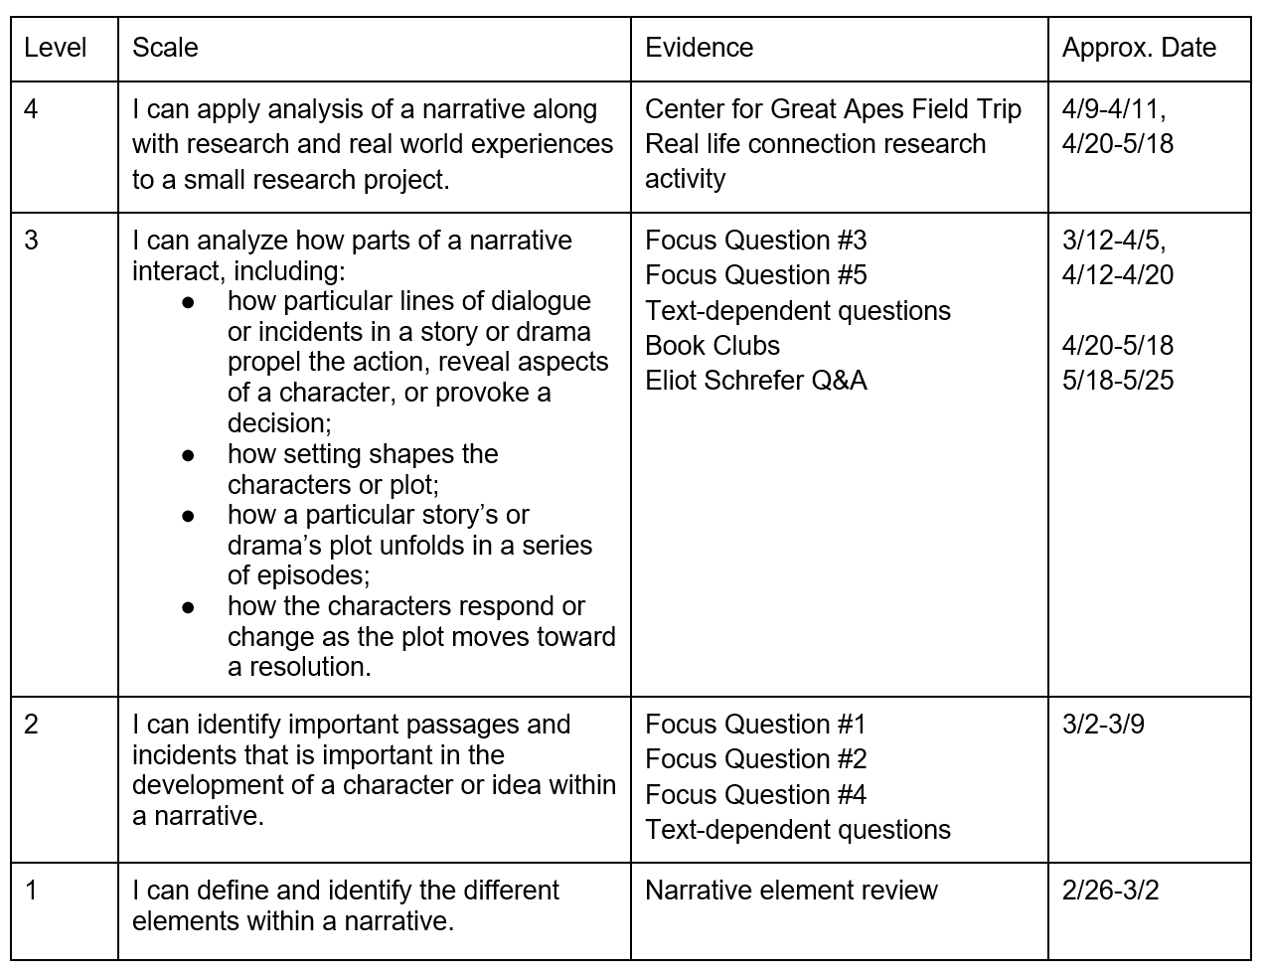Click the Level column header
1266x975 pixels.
click(x=55, y=48)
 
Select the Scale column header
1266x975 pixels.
click(x=165, y=48)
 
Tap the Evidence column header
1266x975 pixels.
click(x=699, y=48)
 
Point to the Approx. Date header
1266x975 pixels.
click(x=1139, y=48)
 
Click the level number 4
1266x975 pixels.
click(x=31, y=108)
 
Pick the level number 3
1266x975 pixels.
click(x=31, y=240)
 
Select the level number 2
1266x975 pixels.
click(x=31, y=724)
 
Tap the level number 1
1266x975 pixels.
click(x=31, y=890)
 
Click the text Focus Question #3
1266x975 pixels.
click(x=755, y=241)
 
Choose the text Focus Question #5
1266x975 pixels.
click(x=755, y=275)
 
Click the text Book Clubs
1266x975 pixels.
click(x=712, y=346)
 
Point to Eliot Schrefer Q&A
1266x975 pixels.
click(x=755, y=381)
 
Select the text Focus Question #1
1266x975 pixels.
click(x=755, y=725)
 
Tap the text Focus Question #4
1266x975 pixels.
click(x=755, y=795)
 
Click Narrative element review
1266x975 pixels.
click(x=791, y=891)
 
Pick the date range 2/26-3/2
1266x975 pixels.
click(x=1110, y=891)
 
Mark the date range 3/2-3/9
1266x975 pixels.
click(x=1103, y=725)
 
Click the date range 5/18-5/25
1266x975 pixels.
click(x=1117, y=381)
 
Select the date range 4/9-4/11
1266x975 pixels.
click(x=1113, y=109)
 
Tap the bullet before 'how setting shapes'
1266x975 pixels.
click(x=189, y=454)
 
